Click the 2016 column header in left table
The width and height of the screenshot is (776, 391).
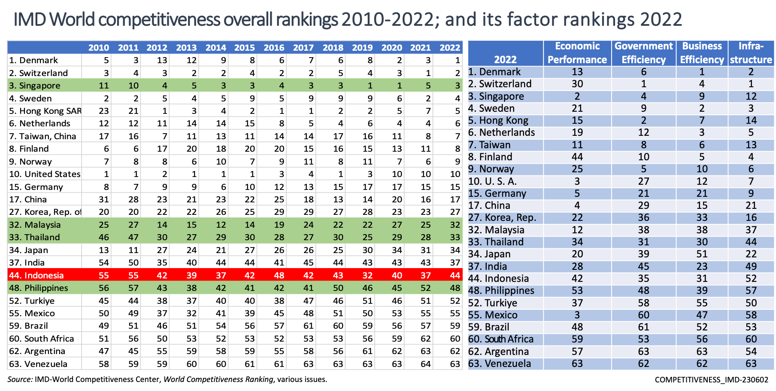click(274, 48)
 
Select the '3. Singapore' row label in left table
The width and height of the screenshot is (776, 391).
click(35, 86)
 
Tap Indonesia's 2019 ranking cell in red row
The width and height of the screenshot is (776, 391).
click(367, 275)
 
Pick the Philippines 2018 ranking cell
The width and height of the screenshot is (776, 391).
click(338, 288)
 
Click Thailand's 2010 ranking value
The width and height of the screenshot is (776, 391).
click(104, 237)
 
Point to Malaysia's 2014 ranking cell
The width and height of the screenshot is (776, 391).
click(221, 225)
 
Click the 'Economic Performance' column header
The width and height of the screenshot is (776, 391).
click(577, 53)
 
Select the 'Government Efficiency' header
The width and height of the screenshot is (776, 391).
click(644, 53)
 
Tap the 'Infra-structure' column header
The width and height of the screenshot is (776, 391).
click(751, 53)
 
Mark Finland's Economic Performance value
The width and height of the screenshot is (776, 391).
click(577, 157)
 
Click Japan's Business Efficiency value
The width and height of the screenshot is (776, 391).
click(702, 254)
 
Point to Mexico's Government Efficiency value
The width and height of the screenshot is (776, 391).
click(643, 315)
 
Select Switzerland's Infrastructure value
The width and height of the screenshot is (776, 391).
click(751, 84)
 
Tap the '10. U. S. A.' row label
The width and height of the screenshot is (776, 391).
click(492, 181)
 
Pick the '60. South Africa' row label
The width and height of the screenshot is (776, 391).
click(500, 339)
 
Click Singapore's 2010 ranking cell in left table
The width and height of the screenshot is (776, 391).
click(104, 86)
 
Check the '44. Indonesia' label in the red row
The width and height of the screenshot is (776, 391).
click(36, 275)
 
